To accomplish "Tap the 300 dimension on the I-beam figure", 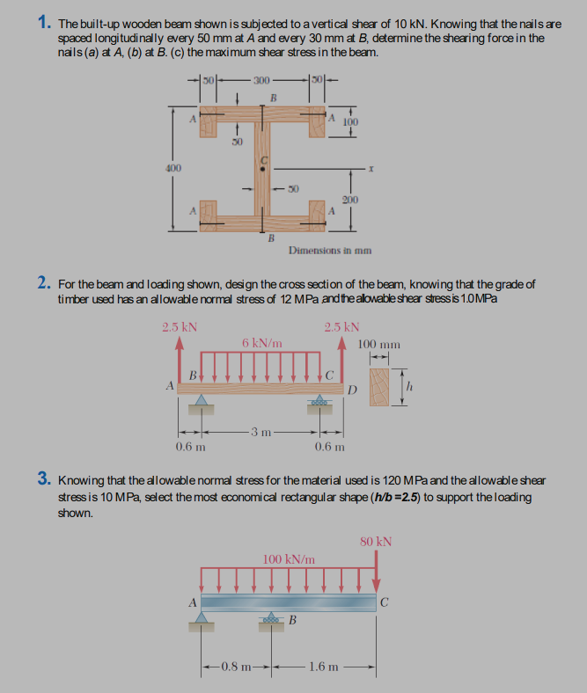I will (261, 81).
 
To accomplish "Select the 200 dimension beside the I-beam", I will (350, 201).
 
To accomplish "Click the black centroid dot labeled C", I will (260, 165).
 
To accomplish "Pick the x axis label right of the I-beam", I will (374, 166).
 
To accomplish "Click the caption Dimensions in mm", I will (329, 250).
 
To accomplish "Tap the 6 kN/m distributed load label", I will (261, 342).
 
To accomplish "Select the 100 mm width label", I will (380, 344).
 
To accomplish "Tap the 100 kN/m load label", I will (290, 558).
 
